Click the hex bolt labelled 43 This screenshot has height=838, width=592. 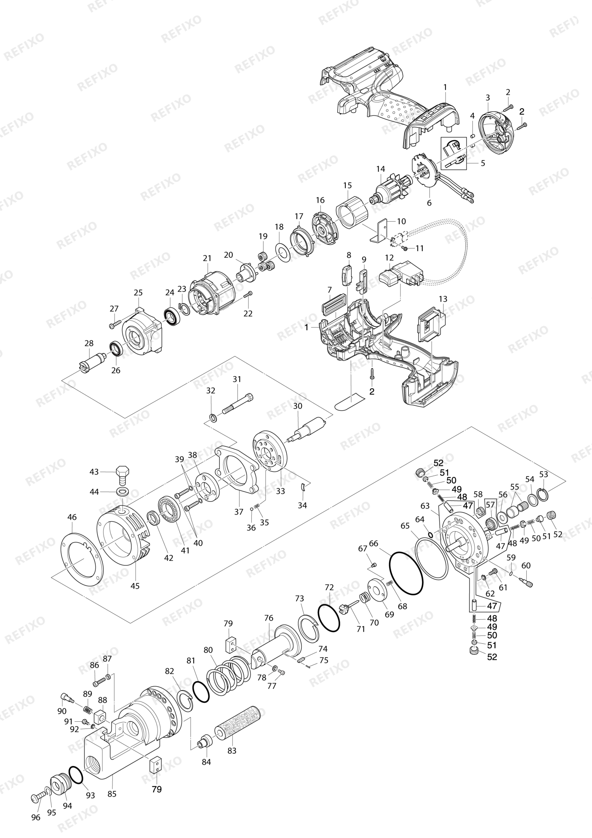(x=123, y=474)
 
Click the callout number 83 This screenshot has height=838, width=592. (x=232, y=750)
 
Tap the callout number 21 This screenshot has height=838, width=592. (x=207, y=258)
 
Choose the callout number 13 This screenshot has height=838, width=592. (x=442, y=299)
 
